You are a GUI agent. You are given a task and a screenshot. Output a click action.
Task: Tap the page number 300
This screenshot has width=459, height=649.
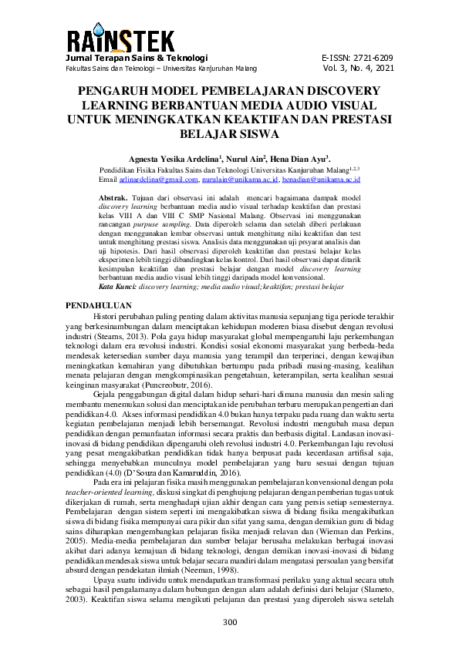click(x=229, y=623)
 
